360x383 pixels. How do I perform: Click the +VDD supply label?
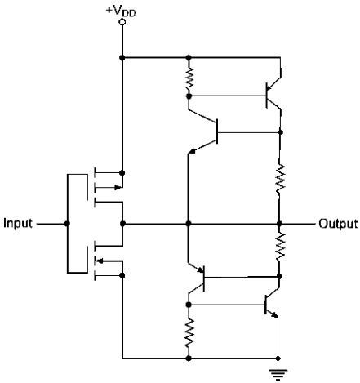121,11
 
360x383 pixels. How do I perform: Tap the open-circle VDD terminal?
122,22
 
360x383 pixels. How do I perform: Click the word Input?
18,224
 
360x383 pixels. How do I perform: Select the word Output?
338,224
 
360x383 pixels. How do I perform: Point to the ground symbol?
278,374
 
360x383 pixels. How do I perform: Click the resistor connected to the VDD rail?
189,78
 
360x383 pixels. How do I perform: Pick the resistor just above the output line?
280,179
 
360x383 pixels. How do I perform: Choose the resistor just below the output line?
280,247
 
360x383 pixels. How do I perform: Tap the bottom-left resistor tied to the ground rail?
189,332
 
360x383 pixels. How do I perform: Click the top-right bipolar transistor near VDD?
272,94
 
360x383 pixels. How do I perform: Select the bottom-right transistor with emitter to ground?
271,305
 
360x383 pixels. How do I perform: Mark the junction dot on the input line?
67,224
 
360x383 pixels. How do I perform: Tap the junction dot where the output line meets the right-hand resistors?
279,224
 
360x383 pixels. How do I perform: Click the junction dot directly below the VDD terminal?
122,57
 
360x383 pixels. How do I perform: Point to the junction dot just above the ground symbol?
278,359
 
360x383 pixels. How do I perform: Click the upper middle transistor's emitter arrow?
193,150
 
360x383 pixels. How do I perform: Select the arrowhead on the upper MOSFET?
118,187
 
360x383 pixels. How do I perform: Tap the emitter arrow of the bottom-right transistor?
275,314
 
